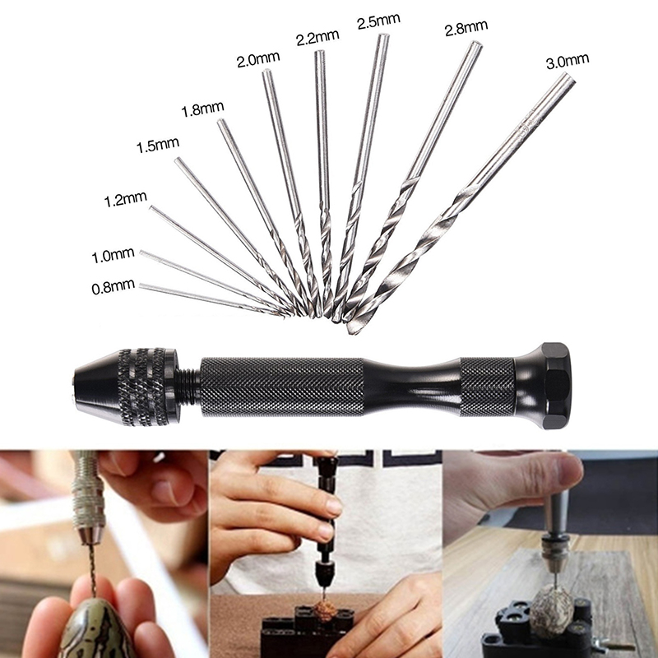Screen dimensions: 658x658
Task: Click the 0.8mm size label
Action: click(x=113, y=287)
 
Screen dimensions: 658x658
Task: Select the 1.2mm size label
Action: click(x=125, y=199)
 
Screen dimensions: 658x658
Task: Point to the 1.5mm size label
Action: click(x=158, y=146)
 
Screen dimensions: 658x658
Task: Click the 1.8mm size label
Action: click(x=202, y=109)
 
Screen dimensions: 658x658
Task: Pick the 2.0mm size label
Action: click(x=258, y=59)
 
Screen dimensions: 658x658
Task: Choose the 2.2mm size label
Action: click(x=317, y=37)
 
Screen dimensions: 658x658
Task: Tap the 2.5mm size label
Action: click(x=378, y=21)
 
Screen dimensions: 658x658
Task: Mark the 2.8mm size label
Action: click(x=466, y=27)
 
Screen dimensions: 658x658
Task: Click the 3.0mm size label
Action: click(x=568, y=61)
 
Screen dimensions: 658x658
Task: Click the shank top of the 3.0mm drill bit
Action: click(x=567, y=78)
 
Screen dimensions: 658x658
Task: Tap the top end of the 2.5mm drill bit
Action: click(x=382, y=38)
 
